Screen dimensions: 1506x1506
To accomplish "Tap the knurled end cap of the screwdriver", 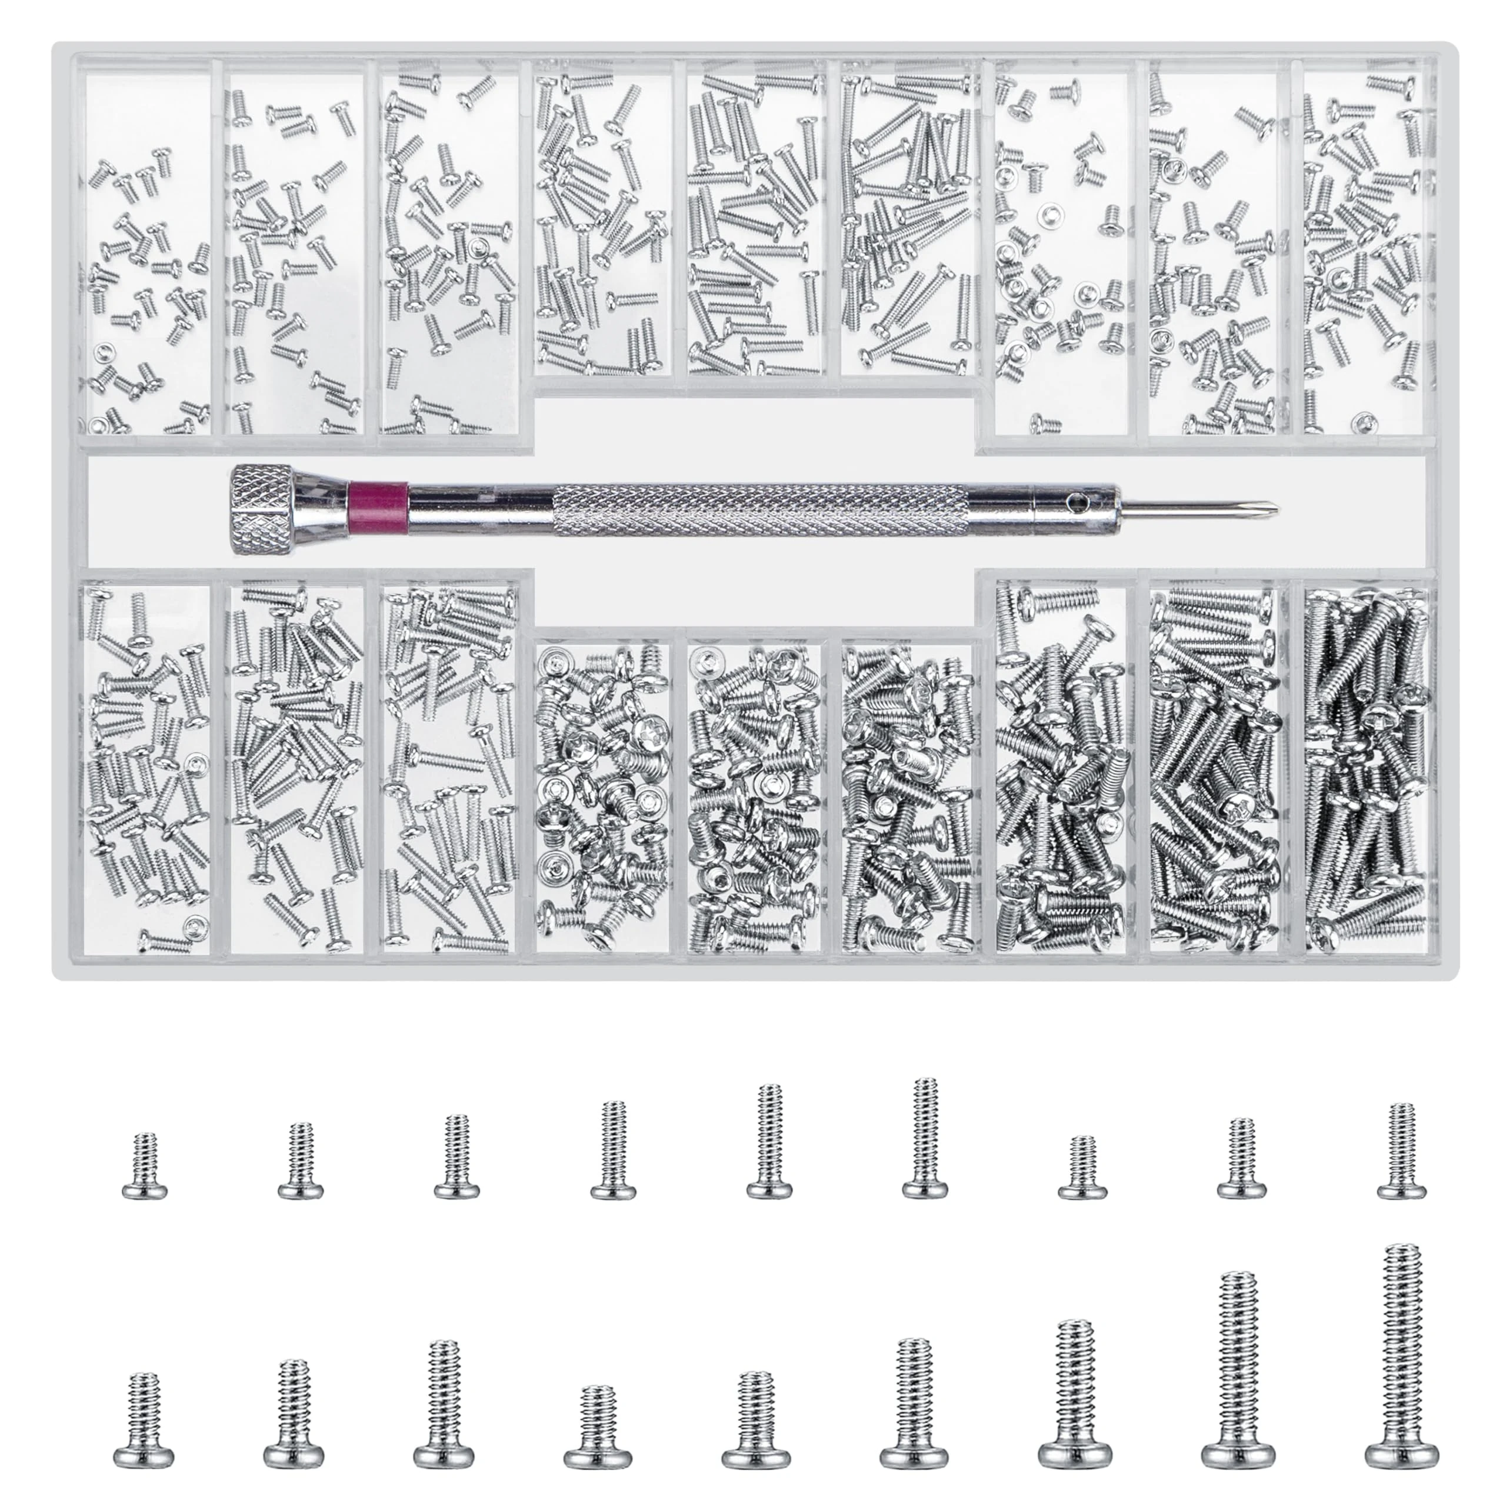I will [x=263, y=508].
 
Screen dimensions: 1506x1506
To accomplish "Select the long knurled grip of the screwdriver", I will [x=758, y=509].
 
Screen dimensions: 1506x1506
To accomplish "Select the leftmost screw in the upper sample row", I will [x=144, y=1165].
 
